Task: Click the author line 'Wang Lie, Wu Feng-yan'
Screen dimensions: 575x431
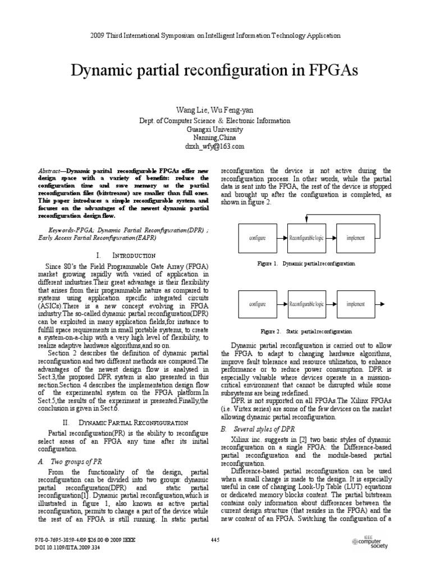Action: point(215,110)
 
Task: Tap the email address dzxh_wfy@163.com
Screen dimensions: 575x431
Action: point(215,146)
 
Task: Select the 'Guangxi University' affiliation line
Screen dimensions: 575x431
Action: point(215,129)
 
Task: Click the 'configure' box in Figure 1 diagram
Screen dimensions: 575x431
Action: point(257,238)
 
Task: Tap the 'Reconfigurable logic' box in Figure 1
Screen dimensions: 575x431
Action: point(306,238)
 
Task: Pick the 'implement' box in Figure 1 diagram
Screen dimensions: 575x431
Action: point(355,238)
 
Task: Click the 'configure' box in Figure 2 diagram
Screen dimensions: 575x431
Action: point(257,304)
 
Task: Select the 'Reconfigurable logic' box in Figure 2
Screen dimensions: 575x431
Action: point(306,304)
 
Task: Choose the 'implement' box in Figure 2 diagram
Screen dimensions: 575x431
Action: point(355,304)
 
